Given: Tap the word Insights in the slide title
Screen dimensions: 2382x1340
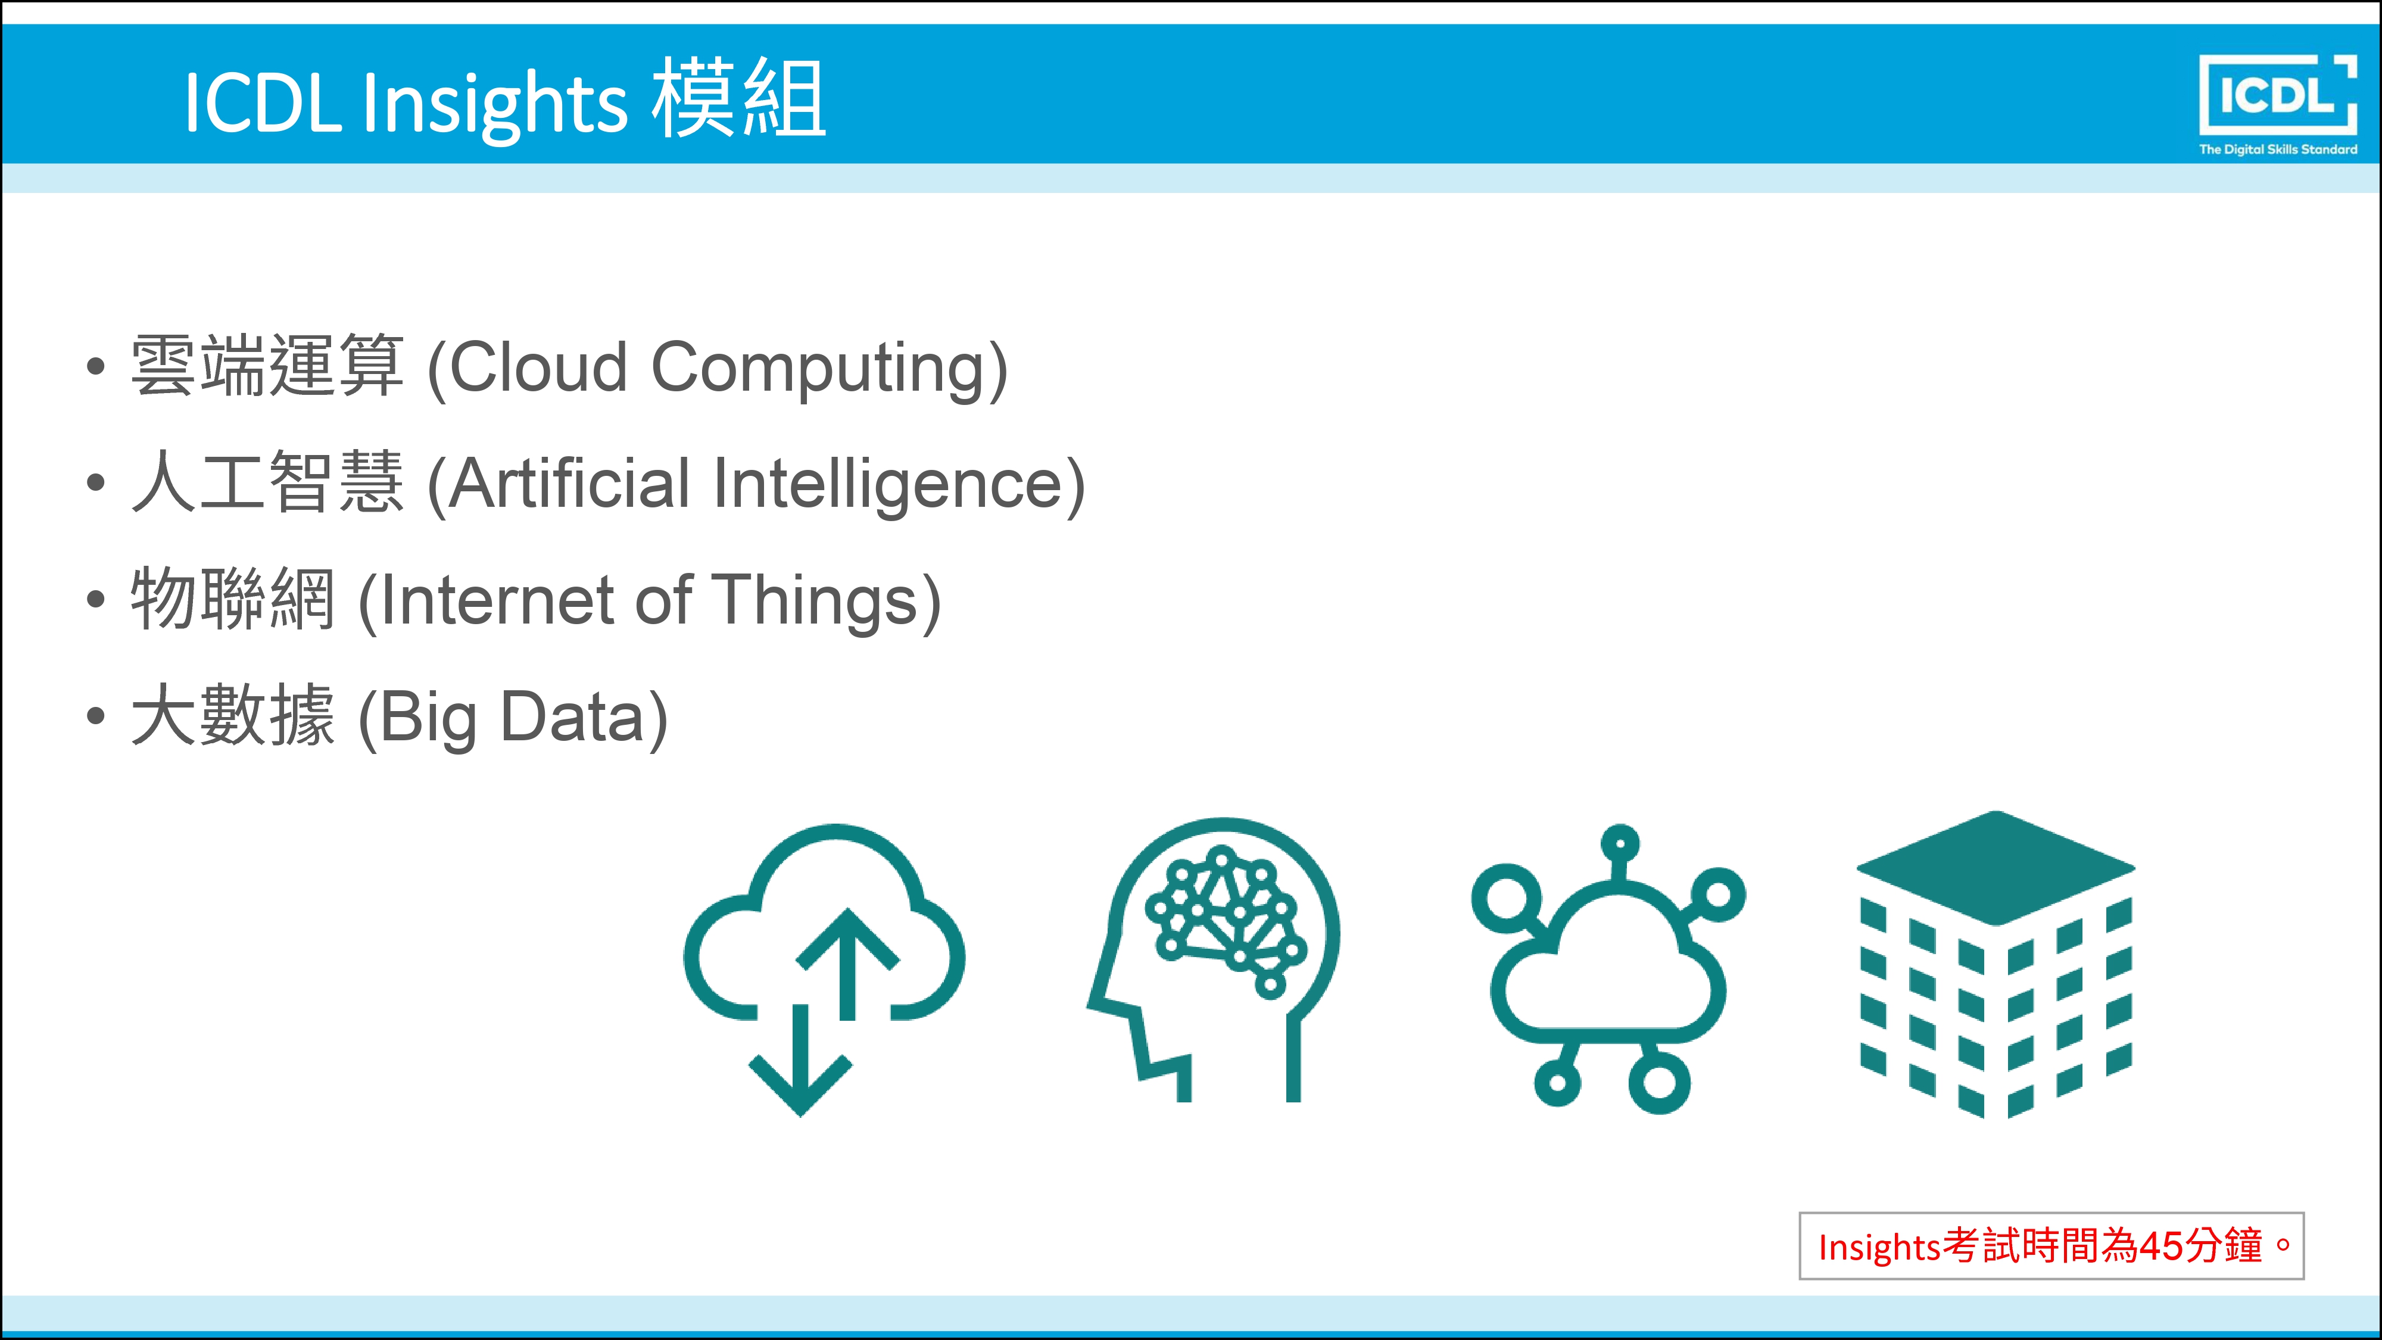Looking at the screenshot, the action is pyautogui.click(x=495, y=104).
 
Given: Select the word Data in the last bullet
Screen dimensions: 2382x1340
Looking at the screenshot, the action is pyautogui.click(x=572, y=716).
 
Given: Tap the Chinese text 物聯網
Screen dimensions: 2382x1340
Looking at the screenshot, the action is pyautogui.click(x=233, y=599).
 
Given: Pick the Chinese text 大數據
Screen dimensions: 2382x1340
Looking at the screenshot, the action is pyautogui.click(x=233, y=715).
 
